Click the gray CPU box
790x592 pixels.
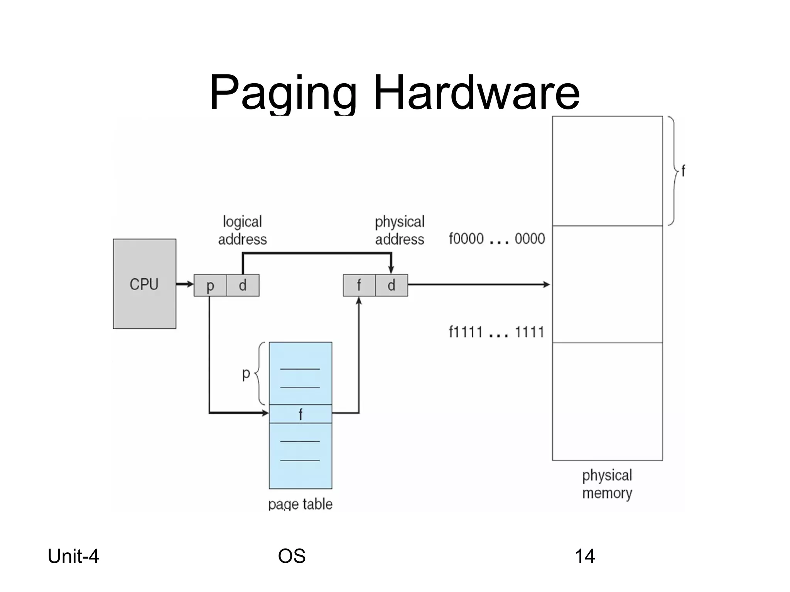pyautogui.click(x=144, y=284)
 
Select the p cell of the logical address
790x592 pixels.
pyautogui.click(x=210, y=286)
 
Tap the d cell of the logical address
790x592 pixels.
pyautogui.click(x=243, y=286)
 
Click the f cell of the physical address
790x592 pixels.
pyautogui.click(x=359, y=286)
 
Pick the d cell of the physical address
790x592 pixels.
pyautogui.click(x=391, y=286)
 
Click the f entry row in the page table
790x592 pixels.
pyautogui.click(x=300, y=414)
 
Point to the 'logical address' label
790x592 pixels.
pyautogui.click(x=242, y=230)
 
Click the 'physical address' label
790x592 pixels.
pyautogui.click(x=400, y=230)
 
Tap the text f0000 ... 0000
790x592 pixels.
pyautogui.click(x=497, y=239)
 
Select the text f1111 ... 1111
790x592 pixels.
pyautogui.click(x=496, y=332)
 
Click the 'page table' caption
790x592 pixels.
pyautogui.click(x=300, y=504)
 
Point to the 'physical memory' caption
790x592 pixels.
pyautogui.click(x=607, y=484)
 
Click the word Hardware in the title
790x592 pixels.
pyautogui.click(x=476, y=93)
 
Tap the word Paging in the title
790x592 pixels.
pyautogui.click(x=283, y=93)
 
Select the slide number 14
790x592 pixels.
pyautogui.click(x=585, y=556)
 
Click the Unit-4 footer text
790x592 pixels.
pyautogui.click(x=73, y=556)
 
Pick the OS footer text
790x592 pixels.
pyautogui.click(x=292, y=556)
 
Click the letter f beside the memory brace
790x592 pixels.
pyautogui.click(x=683, y=171)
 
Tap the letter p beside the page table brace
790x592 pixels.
pyautogui.click(x=246, y=373)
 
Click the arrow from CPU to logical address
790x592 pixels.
pyautogui.click(x=185, y=284)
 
